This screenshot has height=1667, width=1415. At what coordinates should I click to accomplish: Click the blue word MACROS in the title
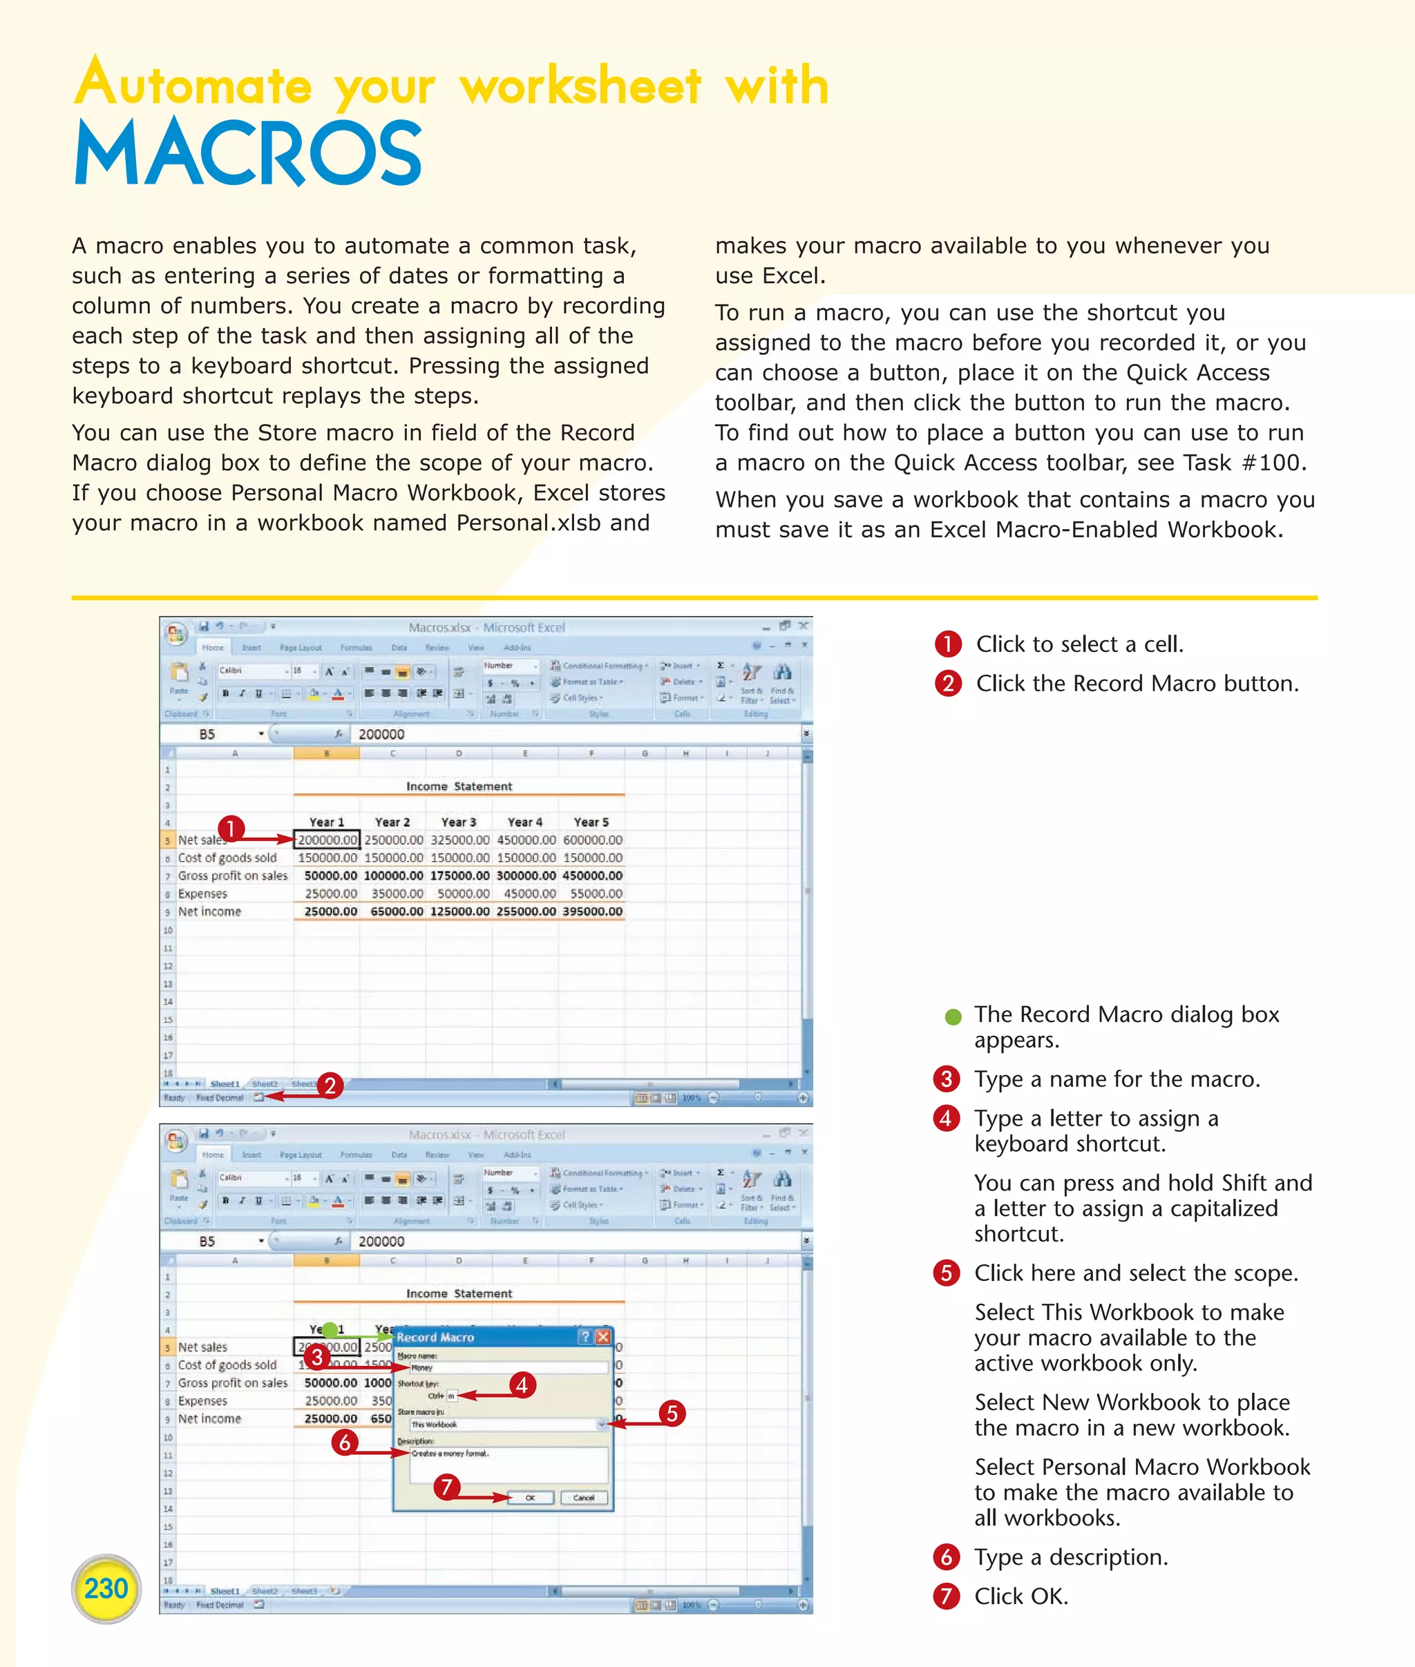248,153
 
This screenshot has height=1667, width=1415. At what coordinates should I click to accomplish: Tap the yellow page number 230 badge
106,1588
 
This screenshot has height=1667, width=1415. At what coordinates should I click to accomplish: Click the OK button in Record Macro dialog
530,1497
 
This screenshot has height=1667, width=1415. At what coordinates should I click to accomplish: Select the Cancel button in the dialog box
584,1497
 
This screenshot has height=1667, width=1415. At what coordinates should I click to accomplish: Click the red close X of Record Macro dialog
603,1337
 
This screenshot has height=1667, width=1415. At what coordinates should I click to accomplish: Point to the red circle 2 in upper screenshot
330,1086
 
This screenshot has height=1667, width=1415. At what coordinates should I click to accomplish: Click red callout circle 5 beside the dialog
672,1413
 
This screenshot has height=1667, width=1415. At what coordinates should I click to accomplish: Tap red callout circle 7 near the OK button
447,1487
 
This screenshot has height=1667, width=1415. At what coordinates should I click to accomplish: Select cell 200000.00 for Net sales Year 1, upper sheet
327,840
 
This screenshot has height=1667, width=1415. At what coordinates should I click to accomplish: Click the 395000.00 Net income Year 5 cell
592,911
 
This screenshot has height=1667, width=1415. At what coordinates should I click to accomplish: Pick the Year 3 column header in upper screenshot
459,822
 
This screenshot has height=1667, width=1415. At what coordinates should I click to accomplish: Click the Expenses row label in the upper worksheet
203,894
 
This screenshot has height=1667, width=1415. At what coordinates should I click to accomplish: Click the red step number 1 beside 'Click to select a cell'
947,644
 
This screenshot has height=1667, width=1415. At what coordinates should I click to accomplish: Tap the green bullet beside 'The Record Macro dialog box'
953,1016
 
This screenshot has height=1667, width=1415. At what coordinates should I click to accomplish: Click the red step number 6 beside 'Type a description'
947,1557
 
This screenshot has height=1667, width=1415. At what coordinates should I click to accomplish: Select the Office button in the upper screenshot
176,633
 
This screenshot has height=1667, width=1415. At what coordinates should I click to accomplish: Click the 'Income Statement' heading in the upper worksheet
459,786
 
